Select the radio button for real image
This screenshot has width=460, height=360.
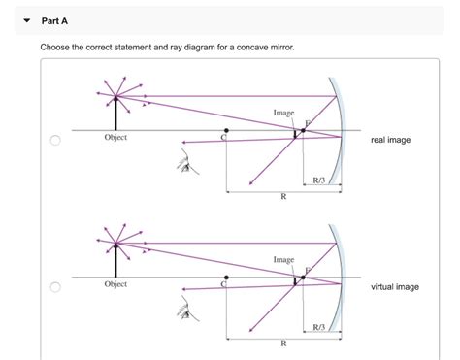pos(56,141)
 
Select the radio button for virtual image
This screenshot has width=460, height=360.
pos(56,287)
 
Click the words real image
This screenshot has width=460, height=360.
pos(390,140)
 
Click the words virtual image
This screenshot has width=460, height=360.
pos(395,287)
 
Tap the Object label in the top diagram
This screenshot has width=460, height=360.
pos(115,138)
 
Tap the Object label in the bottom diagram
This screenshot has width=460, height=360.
pos(115,284)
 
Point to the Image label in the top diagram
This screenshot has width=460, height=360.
pos(283,113)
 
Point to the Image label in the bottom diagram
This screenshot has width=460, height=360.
pos(283,259)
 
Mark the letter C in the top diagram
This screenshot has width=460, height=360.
pos(223,139)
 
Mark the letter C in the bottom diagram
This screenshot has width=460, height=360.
pos(223,285)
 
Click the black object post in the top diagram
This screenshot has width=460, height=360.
pos(115,114)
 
